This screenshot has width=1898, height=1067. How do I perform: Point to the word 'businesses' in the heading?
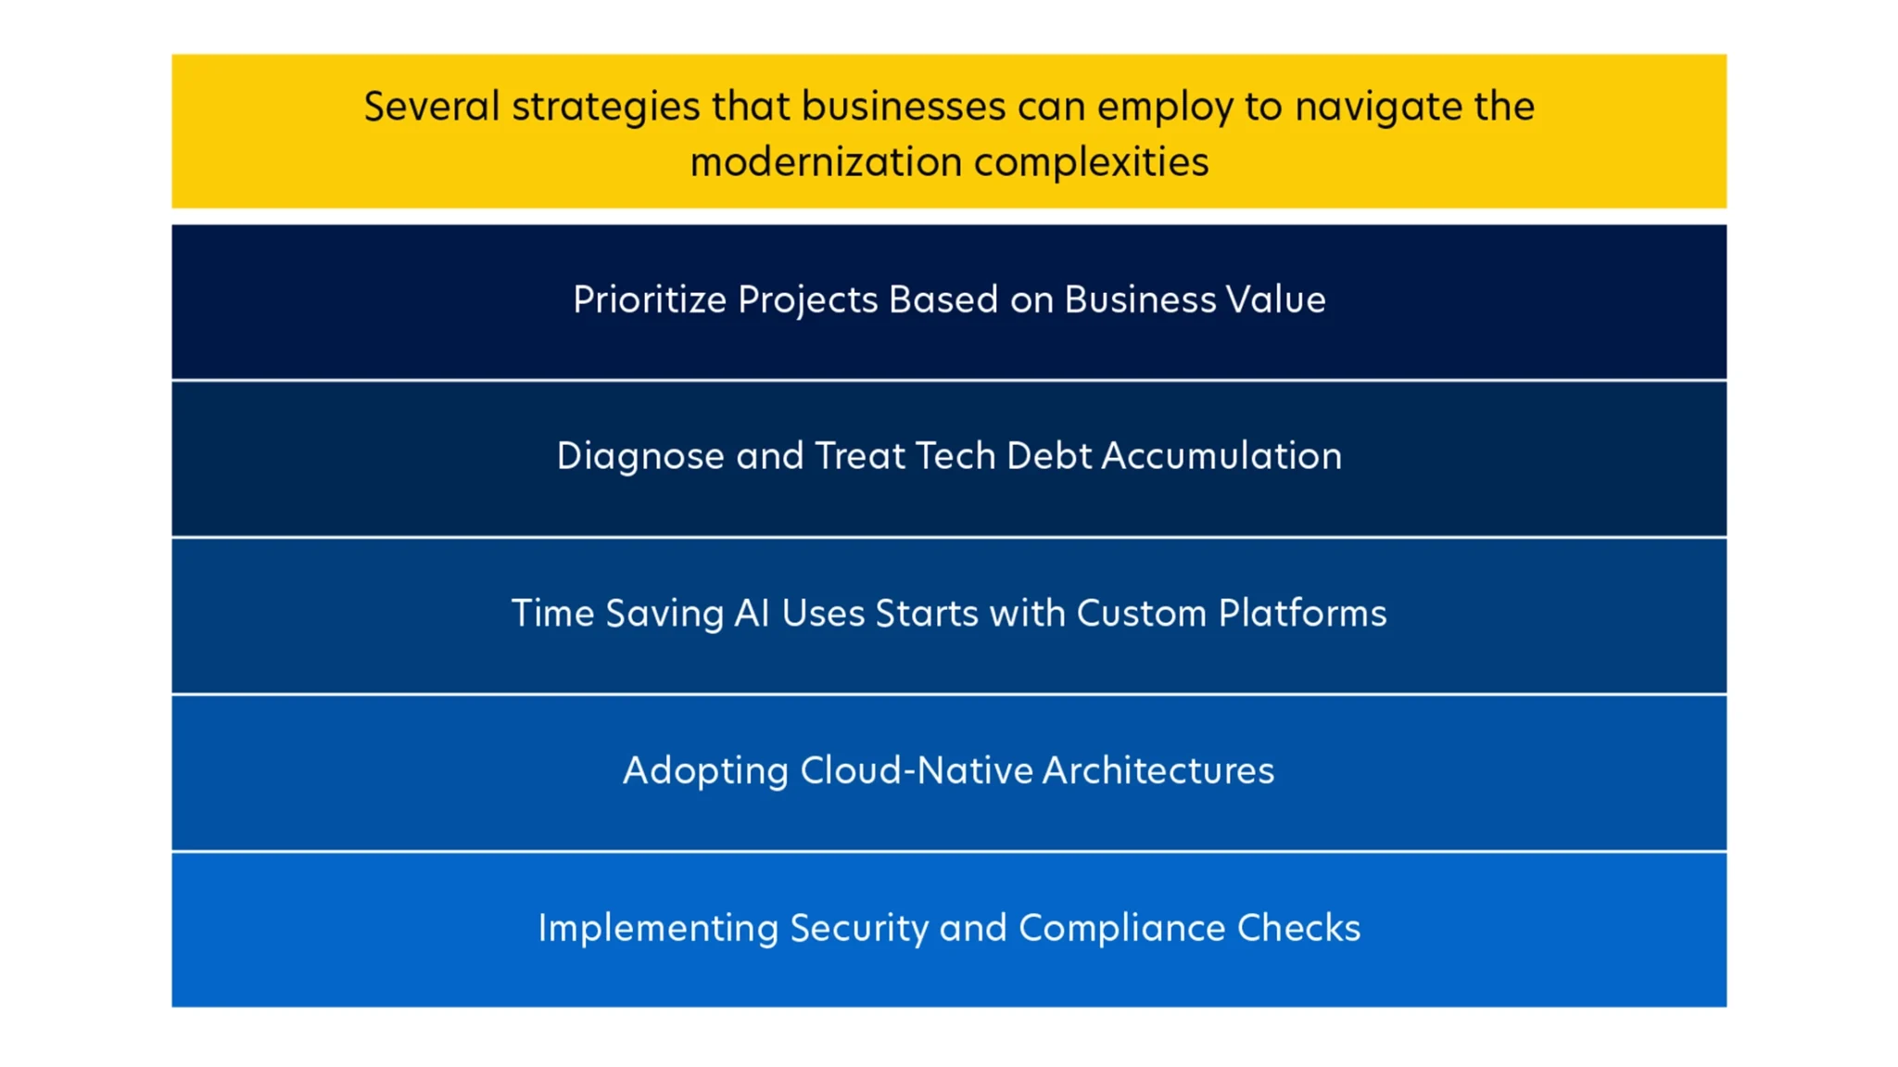pos(904,106)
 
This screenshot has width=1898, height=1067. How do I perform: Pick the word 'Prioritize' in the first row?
pos(650,299)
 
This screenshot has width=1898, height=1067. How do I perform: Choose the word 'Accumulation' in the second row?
pos(1221,455)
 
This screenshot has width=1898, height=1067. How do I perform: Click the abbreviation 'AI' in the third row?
pos(752,613)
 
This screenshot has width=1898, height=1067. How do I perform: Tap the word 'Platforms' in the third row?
pos(1302,613)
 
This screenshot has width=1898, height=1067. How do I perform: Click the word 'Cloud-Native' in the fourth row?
pos(917,770)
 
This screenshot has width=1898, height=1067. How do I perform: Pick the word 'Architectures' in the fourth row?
pos(1158,770)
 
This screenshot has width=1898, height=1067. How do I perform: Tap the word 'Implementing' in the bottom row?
pos(658,929)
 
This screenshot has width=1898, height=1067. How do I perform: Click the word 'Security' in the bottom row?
pos(859,929)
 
